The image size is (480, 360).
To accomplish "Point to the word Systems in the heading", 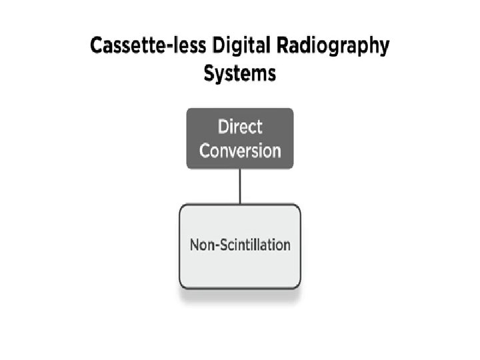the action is [239, 73].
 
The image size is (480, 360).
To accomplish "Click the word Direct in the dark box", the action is [240, 127].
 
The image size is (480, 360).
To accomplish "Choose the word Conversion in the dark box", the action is [240, 150].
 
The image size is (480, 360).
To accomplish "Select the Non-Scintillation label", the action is [240, 245].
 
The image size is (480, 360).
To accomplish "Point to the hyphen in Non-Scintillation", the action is [213, 245].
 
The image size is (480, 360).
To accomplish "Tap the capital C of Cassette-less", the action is [97, 49].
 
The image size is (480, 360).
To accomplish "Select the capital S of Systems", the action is [209, 73].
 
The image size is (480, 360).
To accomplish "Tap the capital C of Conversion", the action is [205, 150].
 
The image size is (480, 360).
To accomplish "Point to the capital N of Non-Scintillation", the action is [194, 245].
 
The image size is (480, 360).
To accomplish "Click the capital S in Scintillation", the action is [219, 245].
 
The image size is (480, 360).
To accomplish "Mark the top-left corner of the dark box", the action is [187, 109].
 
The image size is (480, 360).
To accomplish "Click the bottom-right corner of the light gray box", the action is [299, 287].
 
